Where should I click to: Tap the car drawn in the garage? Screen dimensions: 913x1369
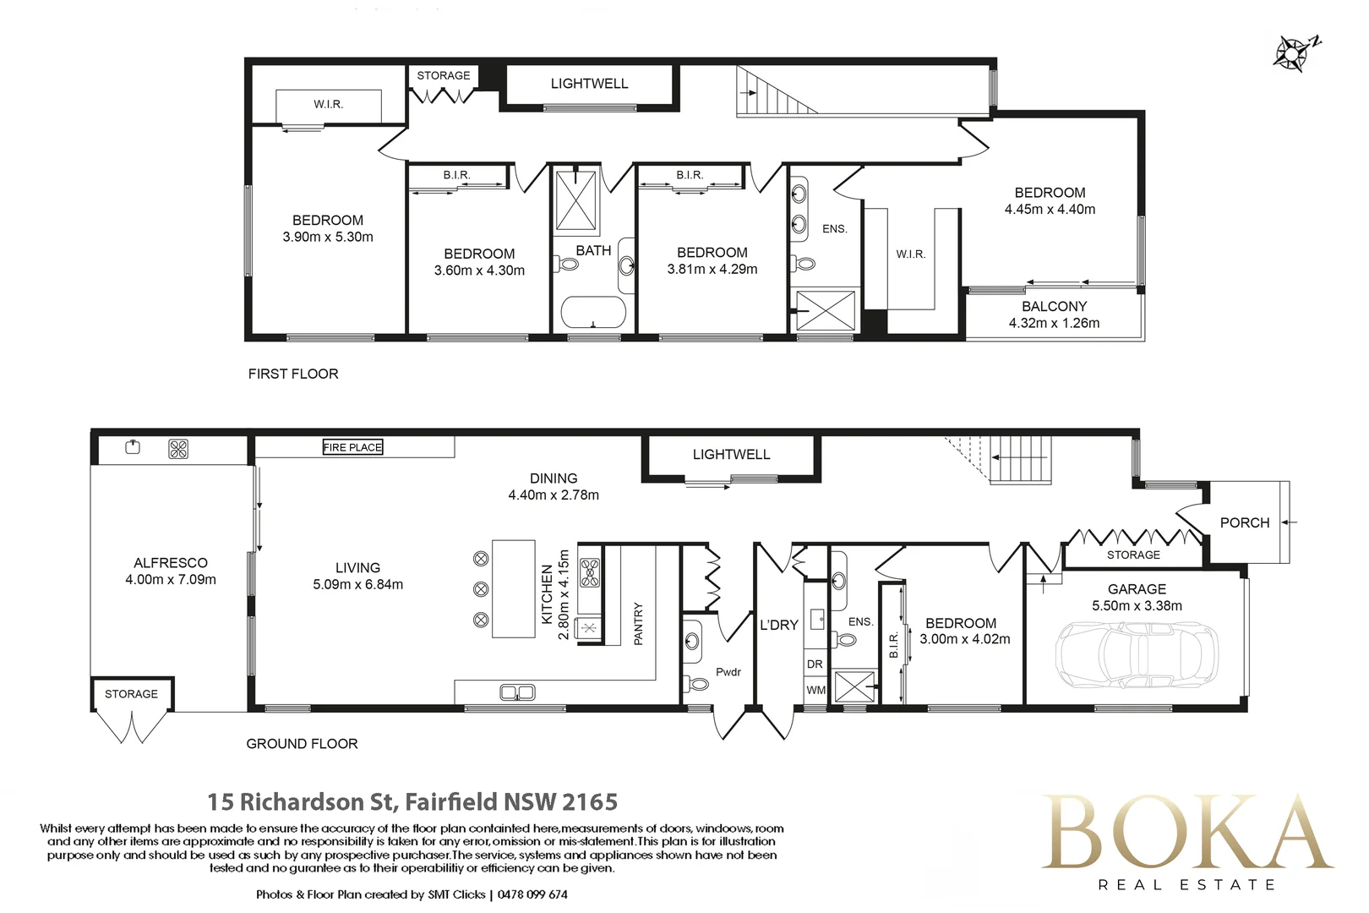(x=1137, y=654)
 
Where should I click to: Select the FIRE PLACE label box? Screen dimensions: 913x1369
(x=352, y=447)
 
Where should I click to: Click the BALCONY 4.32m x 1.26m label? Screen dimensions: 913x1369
(x=1054, y=314)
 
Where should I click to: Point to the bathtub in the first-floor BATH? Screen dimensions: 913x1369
(x=593, y=312)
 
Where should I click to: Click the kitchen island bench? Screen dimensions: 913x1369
(x=513, y=589)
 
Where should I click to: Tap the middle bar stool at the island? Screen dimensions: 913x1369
(x=481, y=589)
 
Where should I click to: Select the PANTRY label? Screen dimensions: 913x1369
(x=638, y=624)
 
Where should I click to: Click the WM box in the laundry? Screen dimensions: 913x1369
(x=815, y=690)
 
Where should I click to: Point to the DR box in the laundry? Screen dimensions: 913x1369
(x=815, y=664)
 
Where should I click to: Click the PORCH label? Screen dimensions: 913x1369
(x=1244, y=522)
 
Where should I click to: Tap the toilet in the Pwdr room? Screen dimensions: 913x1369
(x=699, y=683)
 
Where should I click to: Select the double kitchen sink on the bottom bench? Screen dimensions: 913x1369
(x=517, y=692)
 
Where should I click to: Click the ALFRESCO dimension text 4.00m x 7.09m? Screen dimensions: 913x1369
(x=171, y=580)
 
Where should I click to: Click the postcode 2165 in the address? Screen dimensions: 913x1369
(x=590, y=801)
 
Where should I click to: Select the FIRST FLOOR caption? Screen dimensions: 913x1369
(x=292, y=374)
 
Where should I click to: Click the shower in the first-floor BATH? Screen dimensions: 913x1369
(x=576, y=201)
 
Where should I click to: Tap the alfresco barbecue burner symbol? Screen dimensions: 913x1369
(x=178, y=449)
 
